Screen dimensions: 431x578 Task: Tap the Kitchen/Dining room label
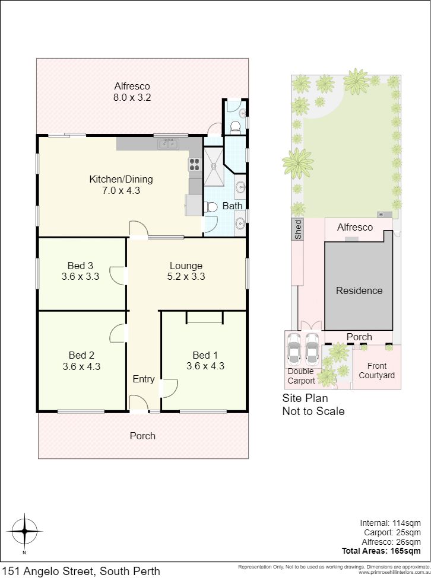click(121, 179)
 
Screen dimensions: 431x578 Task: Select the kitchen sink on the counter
click(169, 144)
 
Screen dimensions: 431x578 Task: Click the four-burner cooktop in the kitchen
click(195, 164)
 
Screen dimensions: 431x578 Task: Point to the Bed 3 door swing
click(118, 275)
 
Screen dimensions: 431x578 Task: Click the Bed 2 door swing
click(118, 333)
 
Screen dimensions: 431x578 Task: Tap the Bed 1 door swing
click(170, 388)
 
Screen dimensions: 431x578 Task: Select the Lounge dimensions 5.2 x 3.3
click(186, 276)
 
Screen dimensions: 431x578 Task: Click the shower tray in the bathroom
click(214, 166)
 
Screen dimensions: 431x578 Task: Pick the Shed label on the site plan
click(298, 229)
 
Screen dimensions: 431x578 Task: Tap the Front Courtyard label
click(377, 371)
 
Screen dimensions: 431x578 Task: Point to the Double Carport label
click(301, 376)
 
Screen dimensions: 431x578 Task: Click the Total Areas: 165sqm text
click(381, 551)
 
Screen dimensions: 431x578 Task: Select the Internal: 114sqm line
click(391, 523)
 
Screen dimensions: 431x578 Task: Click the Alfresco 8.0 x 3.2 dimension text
click(132, 98)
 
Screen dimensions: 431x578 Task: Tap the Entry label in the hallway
click(144, 379)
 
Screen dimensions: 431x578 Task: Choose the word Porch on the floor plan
click(142, 436)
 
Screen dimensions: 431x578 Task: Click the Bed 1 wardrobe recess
click(205, 317)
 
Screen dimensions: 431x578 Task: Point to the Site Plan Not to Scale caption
click(313, 404)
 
